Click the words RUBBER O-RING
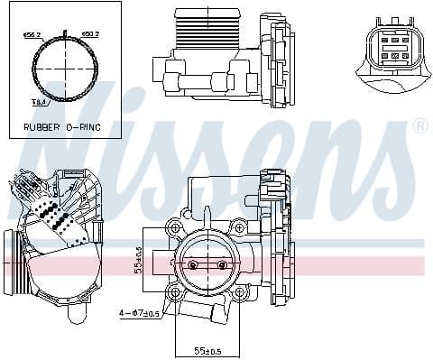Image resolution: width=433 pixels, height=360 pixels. click(x=61, y=127)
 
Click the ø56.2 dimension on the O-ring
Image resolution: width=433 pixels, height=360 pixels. click(x=33, y=35)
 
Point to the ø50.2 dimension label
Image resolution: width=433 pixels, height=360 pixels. click(x=91, y=35)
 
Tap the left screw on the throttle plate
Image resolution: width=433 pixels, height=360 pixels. click(x=191, y=265)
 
